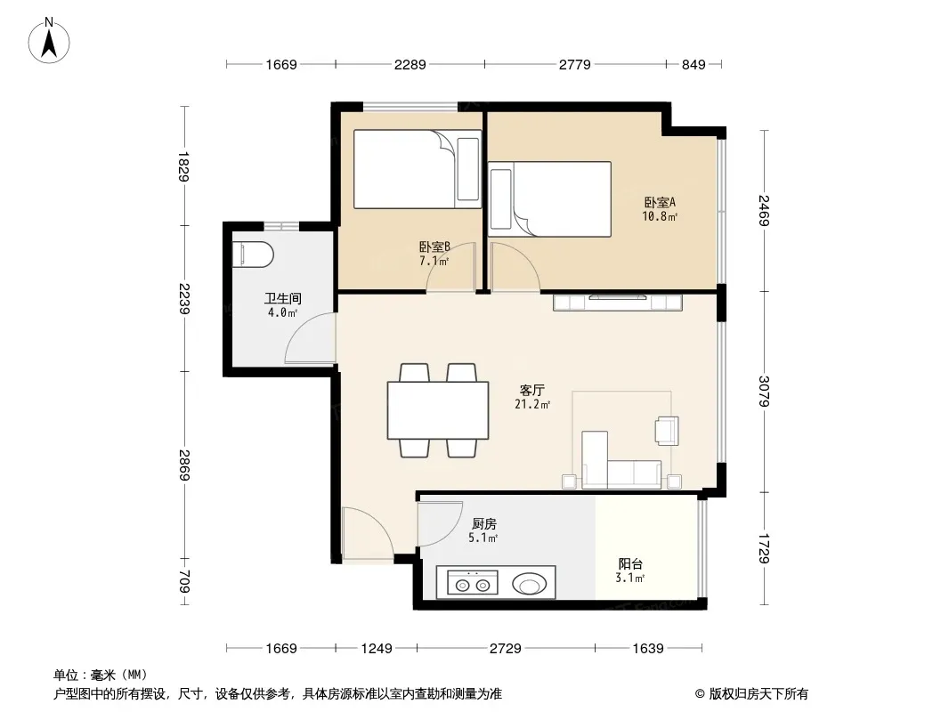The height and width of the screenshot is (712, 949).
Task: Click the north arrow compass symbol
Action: (x=49, y=41)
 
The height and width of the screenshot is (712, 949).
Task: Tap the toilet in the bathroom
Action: (x=253, y=254)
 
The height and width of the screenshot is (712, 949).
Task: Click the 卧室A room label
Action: (x=659, y=203)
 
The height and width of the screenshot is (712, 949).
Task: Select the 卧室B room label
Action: (x=434, y=247)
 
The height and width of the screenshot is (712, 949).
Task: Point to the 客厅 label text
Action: (x=532, y=390)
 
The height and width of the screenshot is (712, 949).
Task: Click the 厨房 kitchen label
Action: (x=483, y=524)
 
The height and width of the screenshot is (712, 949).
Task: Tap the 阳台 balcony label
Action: (x=630, y=563)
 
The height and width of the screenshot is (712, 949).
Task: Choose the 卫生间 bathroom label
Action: (x=282, y=298)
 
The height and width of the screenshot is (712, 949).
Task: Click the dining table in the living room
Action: (x=438, y=410)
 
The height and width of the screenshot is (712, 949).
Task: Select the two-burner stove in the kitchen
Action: (x=473, y=583)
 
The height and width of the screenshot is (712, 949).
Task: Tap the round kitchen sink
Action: (x=530, y=585)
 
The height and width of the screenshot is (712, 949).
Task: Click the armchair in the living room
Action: (x=667, y=431)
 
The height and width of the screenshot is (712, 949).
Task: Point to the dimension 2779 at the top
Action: (x=575, y=64)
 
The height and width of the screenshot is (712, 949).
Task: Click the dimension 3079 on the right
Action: (x=765, y=392)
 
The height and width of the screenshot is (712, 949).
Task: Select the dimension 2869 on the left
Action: (x=185, y=465)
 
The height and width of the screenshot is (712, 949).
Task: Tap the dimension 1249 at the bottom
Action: (x=377, y=649)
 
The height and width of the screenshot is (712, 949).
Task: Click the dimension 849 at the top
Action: (x=693, y=64)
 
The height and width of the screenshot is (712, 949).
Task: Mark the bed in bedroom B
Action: (x=418, y=169)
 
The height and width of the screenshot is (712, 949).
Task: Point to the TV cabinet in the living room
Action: (x=618, y=302)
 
